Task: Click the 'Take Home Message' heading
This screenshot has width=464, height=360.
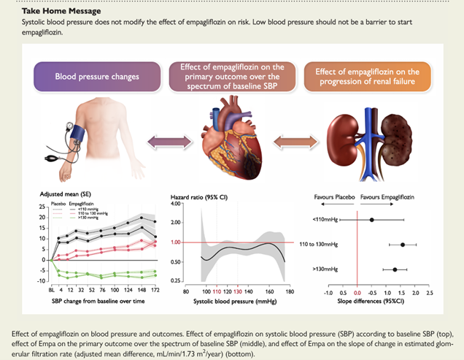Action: tap(51, 12)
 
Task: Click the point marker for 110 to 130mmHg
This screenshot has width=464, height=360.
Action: tap(402, 245)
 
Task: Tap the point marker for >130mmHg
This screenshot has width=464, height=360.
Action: tap(395, 269)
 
